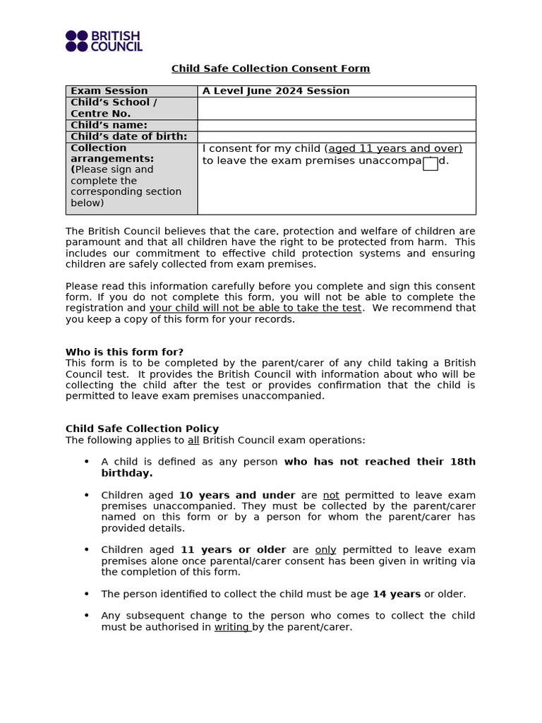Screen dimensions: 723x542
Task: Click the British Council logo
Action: (104, 41)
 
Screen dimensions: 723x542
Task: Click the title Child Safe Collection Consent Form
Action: (270, 68)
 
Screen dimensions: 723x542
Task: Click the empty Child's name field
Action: (336, 126)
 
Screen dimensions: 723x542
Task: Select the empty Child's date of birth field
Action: (336, 137)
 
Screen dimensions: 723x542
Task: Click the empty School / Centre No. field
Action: (336, 108)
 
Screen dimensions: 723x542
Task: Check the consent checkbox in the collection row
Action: (430, 164)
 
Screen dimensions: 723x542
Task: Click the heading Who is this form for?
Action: (124, 352)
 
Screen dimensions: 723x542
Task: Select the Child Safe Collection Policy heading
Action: (142, 429)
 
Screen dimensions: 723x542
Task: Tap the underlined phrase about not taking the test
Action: (255, 308)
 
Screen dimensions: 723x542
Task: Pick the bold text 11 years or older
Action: (233, 549)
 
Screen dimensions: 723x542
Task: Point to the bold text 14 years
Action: (397, 594)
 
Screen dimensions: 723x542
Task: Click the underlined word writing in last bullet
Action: (231, 626)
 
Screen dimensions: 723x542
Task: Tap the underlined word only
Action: (325, 549)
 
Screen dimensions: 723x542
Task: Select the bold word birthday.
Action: (127, 473)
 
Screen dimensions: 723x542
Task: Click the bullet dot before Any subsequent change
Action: (86, 615)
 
